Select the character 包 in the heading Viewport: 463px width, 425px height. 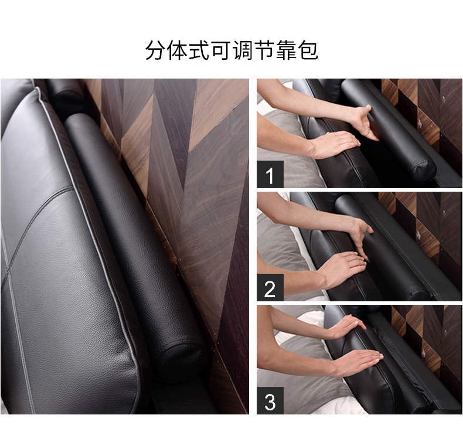[x=308, y=50]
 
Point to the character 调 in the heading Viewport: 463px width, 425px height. [x=243, y=50]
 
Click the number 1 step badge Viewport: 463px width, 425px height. [x=270, y=175]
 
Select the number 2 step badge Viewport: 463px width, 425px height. [x=270, y=287]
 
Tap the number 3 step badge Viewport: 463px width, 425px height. [x=270, y=400]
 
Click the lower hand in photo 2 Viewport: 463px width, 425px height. [x=344, y=267]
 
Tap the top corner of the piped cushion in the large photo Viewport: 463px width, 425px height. [x=38, y=89]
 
